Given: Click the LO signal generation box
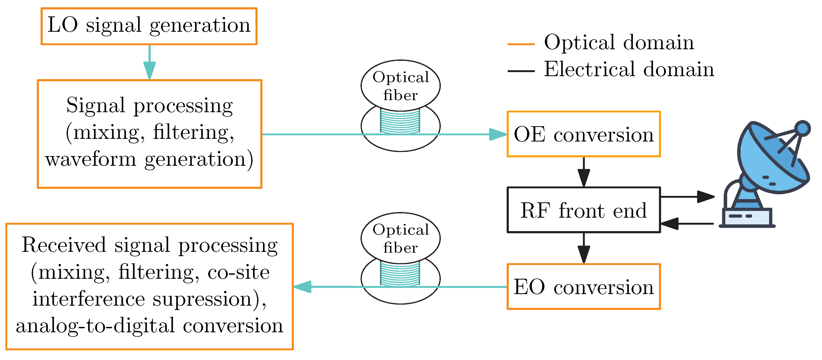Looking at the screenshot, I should pos(149,26).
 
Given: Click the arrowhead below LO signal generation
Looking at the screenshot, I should pos(149,70).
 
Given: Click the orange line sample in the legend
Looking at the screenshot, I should pos(521,44).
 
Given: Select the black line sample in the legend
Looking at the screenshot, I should pos(521,71).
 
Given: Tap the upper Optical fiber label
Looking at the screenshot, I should pos(401,86).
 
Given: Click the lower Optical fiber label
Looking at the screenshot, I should pos(401,238).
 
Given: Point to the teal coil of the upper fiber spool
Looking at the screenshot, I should pos(400,122).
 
